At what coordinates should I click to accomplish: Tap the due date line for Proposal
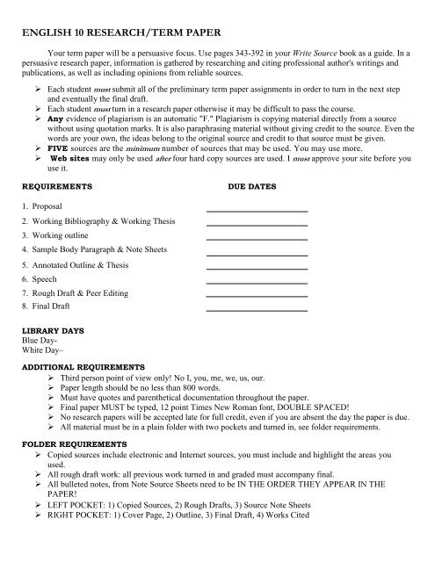256,210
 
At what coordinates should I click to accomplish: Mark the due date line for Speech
256,281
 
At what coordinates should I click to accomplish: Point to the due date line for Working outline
256,238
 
